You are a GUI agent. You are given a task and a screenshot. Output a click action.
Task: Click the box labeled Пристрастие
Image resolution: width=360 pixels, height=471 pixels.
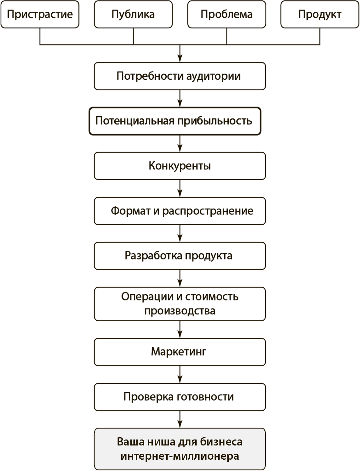point(40,14)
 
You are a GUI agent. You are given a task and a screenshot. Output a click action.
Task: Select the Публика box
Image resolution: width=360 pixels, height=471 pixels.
point(133,14)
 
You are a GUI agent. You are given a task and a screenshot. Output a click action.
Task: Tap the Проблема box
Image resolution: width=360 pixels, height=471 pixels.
point(227,14)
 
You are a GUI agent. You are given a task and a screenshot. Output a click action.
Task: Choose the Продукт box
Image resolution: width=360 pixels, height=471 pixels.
point(320,14)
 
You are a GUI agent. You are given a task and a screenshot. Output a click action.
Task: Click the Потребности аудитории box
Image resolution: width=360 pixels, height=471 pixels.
point(180,76)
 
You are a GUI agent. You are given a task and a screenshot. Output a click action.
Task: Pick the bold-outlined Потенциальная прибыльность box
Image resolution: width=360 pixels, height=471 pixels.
point(175,121)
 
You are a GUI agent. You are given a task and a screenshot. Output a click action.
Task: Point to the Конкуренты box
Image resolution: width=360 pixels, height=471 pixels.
point(180,166)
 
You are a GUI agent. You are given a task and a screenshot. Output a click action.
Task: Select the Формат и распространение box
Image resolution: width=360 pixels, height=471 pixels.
point(180,211)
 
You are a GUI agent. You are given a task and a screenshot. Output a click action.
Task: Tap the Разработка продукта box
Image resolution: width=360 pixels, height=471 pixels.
point(180,256)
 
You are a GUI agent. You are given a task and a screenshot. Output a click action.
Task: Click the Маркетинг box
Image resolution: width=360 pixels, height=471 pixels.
point(180,352)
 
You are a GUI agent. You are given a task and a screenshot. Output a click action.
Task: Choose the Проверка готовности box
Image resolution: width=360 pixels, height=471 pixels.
point(180,397)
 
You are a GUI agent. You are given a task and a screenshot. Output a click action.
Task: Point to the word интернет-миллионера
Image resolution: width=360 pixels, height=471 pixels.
point(180,456)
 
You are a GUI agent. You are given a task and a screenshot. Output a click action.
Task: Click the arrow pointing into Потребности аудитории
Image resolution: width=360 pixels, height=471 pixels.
point(180,54)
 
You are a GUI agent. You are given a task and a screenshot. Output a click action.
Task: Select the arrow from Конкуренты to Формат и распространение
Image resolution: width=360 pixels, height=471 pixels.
point(180,189)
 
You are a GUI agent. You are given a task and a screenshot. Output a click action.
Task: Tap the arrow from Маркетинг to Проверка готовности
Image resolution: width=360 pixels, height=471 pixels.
point(180,375)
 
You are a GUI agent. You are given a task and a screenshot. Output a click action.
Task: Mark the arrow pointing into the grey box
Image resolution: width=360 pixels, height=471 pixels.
point(180,420)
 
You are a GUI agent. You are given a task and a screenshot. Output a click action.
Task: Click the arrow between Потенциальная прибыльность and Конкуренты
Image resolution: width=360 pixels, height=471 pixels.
point(180,144)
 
